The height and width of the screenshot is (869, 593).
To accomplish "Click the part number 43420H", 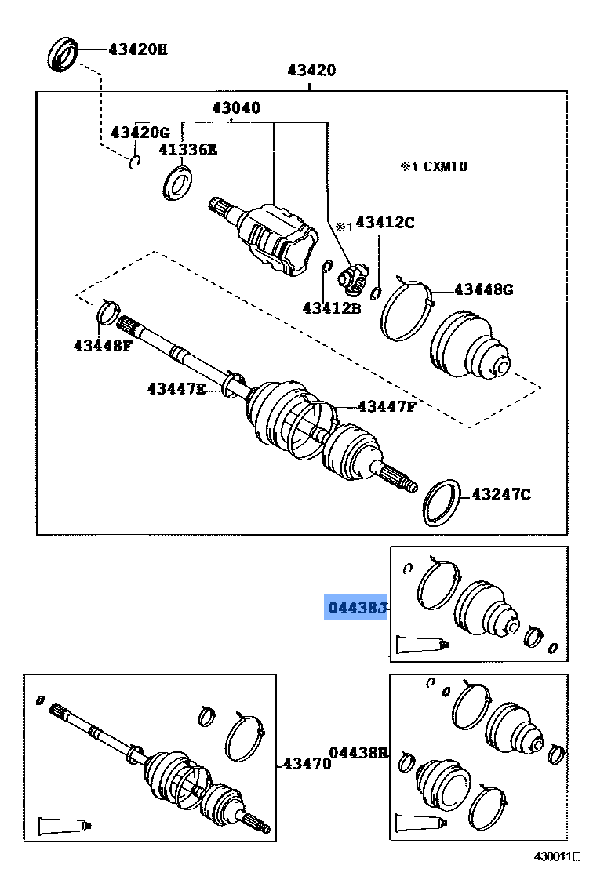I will (137, 49).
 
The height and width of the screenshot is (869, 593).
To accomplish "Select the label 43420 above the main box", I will (311, 70).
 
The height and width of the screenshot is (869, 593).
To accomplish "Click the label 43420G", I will (140, 132).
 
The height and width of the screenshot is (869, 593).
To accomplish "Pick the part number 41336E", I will (187, 149).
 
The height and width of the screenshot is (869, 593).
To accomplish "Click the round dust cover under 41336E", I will (179, 184).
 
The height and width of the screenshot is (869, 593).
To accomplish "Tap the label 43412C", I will (384, 223).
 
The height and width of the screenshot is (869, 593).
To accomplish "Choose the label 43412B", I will (332, 307).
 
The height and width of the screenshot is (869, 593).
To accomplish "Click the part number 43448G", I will (484, 289).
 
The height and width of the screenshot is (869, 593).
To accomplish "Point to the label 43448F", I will (104, 344).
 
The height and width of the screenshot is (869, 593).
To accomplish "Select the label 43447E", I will (176, 387).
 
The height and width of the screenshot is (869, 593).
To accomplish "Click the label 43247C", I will (500, 493).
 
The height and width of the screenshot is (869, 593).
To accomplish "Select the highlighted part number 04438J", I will (356, 608).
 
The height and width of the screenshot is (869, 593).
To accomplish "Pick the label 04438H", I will (358, 753).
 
